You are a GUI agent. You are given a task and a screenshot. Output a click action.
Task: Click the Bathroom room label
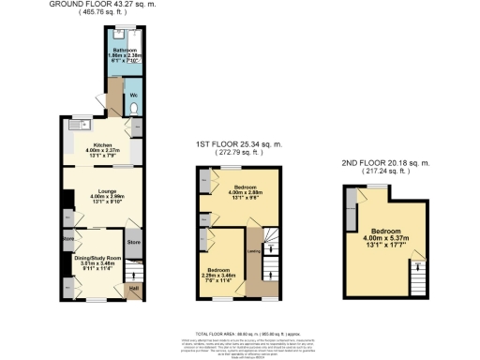point(126,50)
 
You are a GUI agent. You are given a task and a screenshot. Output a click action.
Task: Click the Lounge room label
point(101,184)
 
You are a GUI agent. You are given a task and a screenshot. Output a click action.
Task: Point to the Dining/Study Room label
point(101,258)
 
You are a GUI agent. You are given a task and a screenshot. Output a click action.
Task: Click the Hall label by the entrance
point(133,288)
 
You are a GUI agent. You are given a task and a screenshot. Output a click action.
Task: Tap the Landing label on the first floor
point(252,250)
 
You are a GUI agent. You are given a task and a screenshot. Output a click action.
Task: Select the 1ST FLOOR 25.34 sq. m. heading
point(238,145)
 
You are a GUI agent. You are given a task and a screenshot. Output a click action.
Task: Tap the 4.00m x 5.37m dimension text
point(386,239)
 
